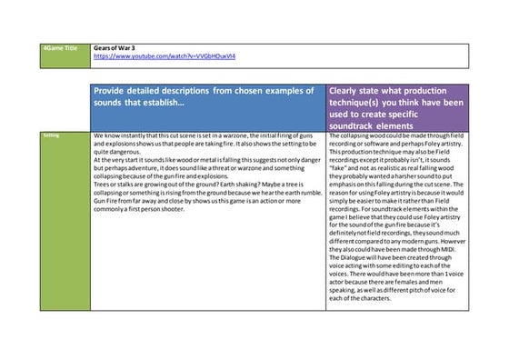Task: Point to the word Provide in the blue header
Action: (116, 91)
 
